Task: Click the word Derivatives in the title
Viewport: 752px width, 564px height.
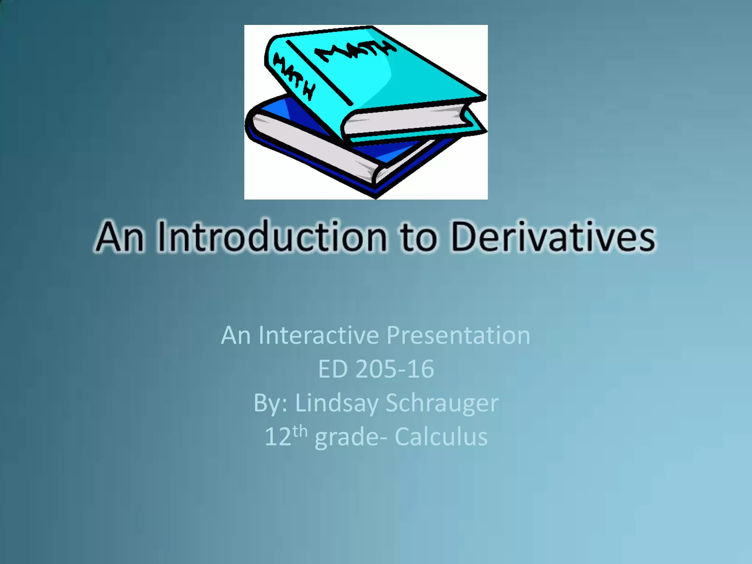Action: (553, 238)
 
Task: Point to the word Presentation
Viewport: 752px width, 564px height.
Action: (458, 336)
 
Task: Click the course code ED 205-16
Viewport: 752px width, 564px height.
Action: (376, 369)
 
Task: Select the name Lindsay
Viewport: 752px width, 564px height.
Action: (337, 404)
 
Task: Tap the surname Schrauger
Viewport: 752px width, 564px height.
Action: (442, 403)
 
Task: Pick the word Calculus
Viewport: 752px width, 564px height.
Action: (441, 437)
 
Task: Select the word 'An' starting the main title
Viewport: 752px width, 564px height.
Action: (120, 238)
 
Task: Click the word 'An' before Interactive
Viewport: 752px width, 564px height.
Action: (236, 335)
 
